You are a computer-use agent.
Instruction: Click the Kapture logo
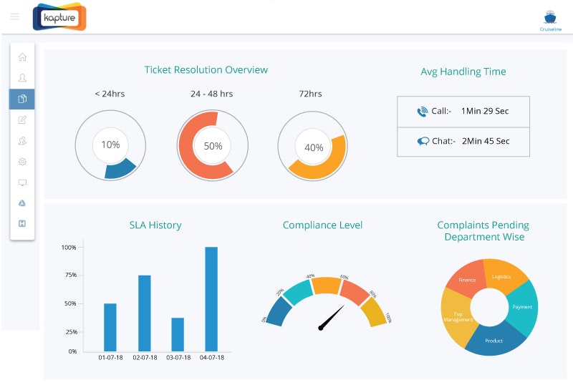59,16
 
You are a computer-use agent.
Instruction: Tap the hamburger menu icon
15,16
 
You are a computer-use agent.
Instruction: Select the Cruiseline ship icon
550,18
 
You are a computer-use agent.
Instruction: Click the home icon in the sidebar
22,57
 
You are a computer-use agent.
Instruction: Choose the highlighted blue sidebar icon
22,99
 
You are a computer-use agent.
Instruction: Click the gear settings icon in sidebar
22,162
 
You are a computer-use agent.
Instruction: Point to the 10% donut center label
110,145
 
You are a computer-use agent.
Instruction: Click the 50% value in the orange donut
213,145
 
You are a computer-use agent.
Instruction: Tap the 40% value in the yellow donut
314,147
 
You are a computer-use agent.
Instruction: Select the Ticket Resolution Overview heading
206,70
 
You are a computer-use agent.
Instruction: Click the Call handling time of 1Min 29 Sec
485,111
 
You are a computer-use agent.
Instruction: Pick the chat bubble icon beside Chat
423,141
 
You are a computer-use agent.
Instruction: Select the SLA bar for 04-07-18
211,299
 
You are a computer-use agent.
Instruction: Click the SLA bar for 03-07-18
178,334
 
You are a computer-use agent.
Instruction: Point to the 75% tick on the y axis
69,275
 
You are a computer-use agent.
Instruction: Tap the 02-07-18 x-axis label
144,358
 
